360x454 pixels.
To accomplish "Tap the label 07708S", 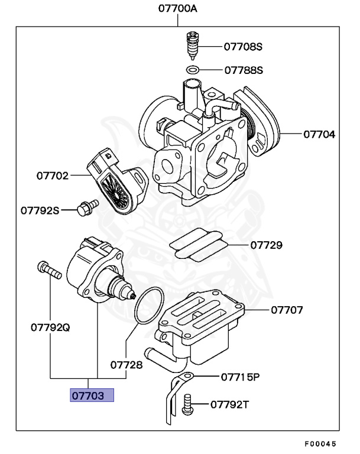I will click(243, 46).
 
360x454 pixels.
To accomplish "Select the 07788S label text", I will click(243, 70).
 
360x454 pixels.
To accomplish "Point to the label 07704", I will click(319, 134).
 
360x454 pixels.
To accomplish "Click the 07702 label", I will click(52, 176).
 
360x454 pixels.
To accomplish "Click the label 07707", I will click(287, 309).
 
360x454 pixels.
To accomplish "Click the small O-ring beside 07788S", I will click(192, 70).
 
